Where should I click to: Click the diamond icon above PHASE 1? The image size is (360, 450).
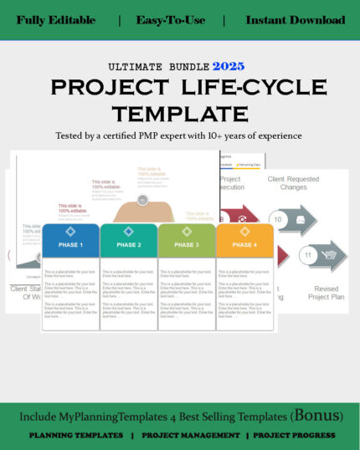pyautogui.click(x=70, y=231)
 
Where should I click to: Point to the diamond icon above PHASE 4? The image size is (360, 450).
pyautogui.click(x=244, y=231)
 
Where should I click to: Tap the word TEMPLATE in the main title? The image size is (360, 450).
pyautogui.click(x=180, y=113)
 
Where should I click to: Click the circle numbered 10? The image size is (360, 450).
pyautogui.click(x=279, y=219)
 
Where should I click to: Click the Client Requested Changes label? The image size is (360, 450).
pyautogui.click(x=292, y=183)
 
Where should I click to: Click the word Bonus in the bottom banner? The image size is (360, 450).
pyautogui.click(x=314, y=416)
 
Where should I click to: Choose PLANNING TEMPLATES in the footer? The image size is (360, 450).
pyautogui.click(x=76, y=435)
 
